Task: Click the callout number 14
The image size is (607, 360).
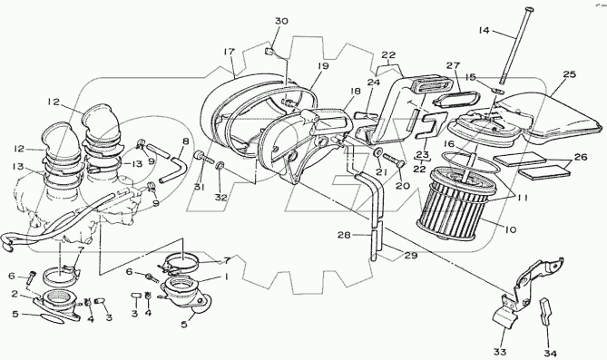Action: (x=484, y=30)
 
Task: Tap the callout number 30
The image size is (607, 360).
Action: (x=281, y=21)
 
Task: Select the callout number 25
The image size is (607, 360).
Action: (x=570, y=74)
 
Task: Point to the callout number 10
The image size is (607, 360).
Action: (x=511, y=229)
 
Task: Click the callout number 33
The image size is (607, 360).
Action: (x=499, y=352)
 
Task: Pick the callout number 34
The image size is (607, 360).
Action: (x=551, y=354)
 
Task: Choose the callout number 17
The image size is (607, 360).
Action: (x=230, y=51)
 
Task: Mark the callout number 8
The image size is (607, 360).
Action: (x=185, y=141)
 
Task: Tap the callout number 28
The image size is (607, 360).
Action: (x=344, y=235)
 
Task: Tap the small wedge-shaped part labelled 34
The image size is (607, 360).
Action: (x=545, y=310)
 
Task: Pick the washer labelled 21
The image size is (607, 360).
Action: (x=377, y=151)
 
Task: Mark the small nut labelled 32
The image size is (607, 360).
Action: (x=219, y=166)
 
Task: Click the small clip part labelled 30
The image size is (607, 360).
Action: (x=269, y=51)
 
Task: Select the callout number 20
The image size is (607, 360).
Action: (x=403, y=186)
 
